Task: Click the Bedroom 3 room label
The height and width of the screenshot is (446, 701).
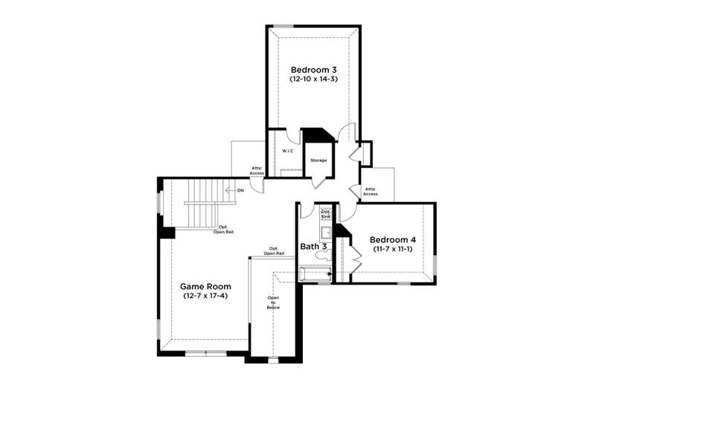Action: click(x=313, y=69)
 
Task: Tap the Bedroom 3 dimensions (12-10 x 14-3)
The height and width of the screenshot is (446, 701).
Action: click(x=313, y=79)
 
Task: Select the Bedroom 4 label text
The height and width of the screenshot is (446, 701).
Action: click(x=392, y=240)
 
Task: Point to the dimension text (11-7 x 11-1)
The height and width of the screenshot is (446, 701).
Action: click(x=392, y=249)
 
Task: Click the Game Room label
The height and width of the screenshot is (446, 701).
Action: click(x=205, y=286)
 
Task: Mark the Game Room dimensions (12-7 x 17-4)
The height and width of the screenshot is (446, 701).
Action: click(x=205, y=296)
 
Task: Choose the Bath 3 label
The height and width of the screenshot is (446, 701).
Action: click(x=313, y=246)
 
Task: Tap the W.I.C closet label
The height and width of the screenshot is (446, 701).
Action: click(x=287, y=151)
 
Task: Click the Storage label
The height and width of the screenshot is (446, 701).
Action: click(x=319, y=161)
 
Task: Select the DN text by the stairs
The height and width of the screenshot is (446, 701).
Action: click(x=240, y=191)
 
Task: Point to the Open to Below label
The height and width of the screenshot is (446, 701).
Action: click(x=273, y=302)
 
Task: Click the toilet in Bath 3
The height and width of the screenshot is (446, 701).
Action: click(x=322, y=255)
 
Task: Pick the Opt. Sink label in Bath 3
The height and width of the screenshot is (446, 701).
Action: click(x=326, y=213)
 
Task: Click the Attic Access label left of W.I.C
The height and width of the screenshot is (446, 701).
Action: click(x=257, y=170)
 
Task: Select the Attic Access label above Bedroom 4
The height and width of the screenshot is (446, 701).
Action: click(x=371, y=192)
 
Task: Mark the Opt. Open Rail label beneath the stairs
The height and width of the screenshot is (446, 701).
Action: click(x=223, y=230)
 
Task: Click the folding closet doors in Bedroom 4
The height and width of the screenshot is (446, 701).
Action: click(x=356, y=256)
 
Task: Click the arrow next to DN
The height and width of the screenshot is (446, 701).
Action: click(x=230, y=191)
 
